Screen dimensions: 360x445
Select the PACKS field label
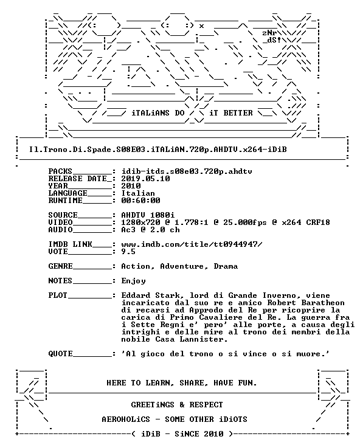(x=60, y=171)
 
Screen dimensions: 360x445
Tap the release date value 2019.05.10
(x=145, y=179)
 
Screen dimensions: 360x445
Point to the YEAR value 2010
(x=131, y=186)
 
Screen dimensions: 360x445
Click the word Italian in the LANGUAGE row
(x=138, y=193)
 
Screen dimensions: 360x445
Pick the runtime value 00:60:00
(x=140, y=201)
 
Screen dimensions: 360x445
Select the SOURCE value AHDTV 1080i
(x=148, y=215)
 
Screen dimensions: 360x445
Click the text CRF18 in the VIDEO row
(x=318, y=222)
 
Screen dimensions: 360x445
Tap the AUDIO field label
(x=60, y=230)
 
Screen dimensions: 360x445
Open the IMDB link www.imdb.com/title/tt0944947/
(x=192, y=244)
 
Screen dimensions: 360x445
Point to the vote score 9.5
(x=128, y=252)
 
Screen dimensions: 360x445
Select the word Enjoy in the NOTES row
(x=133, y=281)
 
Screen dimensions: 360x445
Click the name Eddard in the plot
(x=136, y=295)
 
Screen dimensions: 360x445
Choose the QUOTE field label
(x=60, y=354)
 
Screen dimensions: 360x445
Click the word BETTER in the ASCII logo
(x=238, y=113)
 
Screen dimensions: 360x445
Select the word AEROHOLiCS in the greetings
(x=126, y=419)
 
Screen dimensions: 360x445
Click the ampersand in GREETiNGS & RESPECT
(x=182, y=405)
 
